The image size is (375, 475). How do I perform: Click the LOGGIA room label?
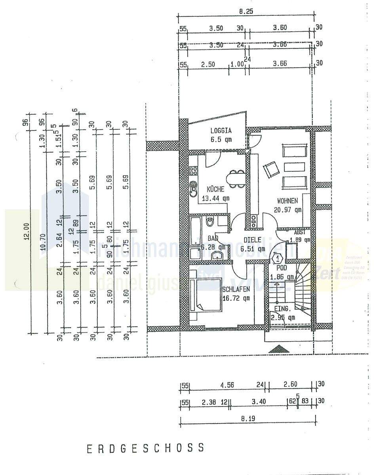coord(221,131)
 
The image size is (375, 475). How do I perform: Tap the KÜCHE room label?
coord(215,189)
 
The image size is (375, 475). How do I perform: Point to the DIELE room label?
coord(252,239)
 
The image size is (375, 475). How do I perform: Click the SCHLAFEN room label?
coord(236,289)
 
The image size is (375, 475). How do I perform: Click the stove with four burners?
coord(194,171)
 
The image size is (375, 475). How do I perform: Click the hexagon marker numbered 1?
coord(278,259)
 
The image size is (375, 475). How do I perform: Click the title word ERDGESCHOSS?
coord(146,448)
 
